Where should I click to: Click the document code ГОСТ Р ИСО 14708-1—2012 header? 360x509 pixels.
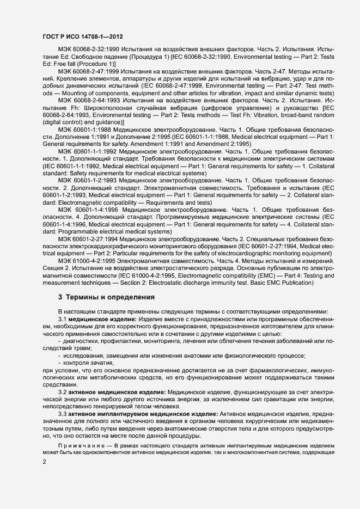(x=82, y=36)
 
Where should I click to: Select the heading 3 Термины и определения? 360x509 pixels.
(x=101, y=298)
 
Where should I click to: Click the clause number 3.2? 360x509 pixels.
(x=62, y=392)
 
